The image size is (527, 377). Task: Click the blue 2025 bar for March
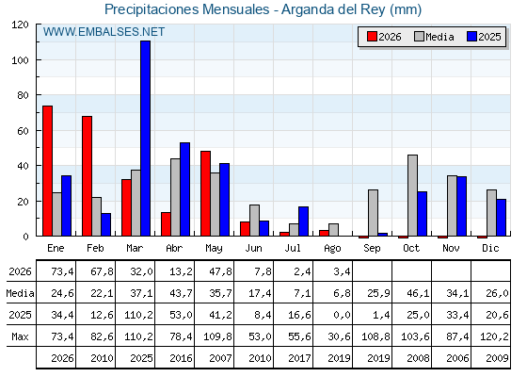(146, 138)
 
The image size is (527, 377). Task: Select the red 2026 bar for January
(47, 171)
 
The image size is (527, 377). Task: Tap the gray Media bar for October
(413, 195)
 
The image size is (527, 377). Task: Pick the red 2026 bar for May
(205, 193)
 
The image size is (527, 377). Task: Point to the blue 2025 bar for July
(303, 221)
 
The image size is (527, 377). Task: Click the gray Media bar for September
(373, 213)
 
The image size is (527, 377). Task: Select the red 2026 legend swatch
(372, 37)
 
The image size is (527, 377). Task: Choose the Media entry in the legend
(434, 37)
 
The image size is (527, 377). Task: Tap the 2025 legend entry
(484, 37)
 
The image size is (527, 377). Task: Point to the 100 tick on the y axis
(20, 60)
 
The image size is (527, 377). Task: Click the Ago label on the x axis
(332, 249)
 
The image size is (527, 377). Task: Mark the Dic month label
(490, 248)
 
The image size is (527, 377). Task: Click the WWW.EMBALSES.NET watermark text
(104, 32)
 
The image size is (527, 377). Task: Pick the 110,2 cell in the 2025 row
(138, 315)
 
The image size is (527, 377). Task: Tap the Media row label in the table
(20, 293)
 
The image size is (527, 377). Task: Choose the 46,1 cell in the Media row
(418, 293)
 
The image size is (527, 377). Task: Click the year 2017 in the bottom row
(299, 358)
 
